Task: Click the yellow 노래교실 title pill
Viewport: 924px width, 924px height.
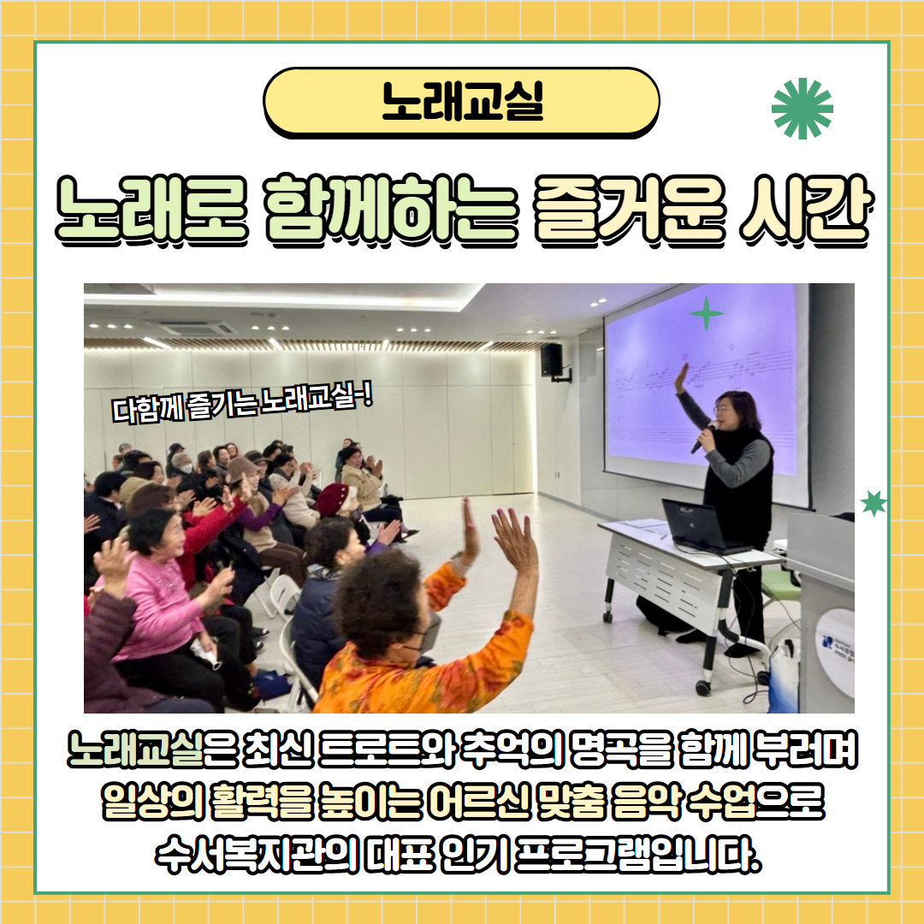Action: [461, 103]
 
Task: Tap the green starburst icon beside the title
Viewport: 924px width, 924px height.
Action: [802, 109]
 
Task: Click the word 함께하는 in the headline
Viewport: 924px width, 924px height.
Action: [392, 210]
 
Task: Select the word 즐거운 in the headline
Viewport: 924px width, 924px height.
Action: [630, 210]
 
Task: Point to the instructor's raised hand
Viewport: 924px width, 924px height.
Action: [682, 378]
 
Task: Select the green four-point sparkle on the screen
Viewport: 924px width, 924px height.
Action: [706, 313]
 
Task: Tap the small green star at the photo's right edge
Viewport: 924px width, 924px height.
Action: [874, 503]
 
